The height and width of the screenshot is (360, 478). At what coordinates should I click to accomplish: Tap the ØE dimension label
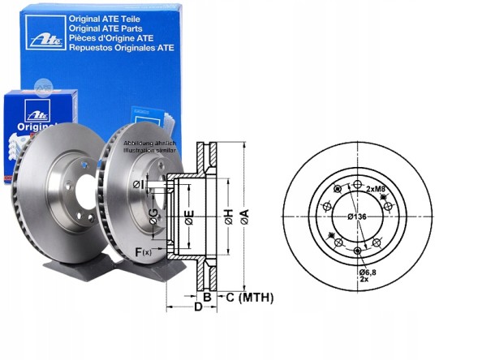pos(187,216)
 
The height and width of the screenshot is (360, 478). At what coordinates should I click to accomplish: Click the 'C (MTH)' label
pos(248,298)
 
